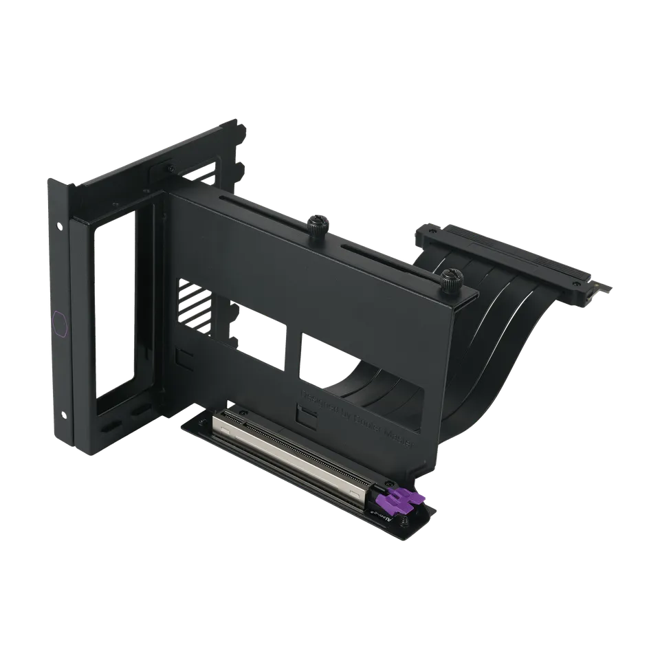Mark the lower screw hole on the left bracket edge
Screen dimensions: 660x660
[x=64, y=415]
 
